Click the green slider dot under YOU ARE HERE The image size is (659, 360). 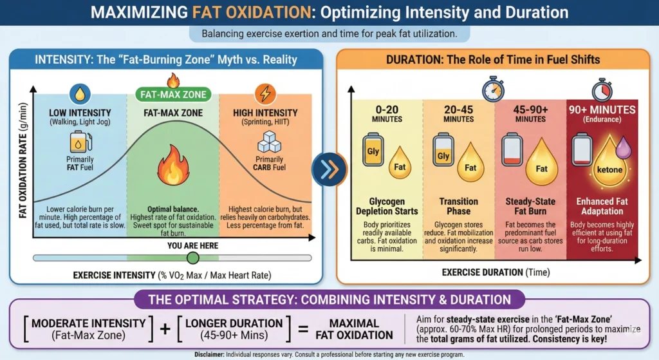192,258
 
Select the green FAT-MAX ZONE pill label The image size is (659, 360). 173,95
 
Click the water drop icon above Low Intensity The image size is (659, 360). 81,94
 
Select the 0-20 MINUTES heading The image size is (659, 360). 387,113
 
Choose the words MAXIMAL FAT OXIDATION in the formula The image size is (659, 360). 354,328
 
